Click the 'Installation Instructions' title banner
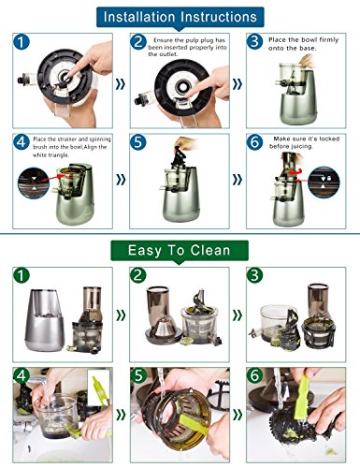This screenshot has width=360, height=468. tap(180, 17)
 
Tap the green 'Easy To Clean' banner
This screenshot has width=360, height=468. tap(180, 251)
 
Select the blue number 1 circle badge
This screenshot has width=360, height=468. tap(22, 42)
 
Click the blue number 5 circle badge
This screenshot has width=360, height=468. tap(138, 142)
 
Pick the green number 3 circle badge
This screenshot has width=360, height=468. tap(254, 275)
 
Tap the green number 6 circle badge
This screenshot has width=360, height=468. tap(254, 375)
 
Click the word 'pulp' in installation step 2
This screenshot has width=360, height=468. tap(192, 40)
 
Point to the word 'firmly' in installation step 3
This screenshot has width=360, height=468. tap(329, 40)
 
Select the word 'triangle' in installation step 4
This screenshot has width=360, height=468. tap(59, 155)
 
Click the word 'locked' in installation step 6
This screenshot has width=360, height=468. tap(329, 139)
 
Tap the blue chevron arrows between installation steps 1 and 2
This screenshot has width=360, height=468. tap(121, 84)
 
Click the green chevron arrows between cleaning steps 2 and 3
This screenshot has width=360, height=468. tap(238, 315)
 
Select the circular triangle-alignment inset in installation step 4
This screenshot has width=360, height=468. tap(34, 183)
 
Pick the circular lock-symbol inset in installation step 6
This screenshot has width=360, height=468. tap(324, 183)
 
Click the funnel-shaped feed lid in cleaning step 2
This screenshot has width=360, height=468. tap(164, 315)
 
